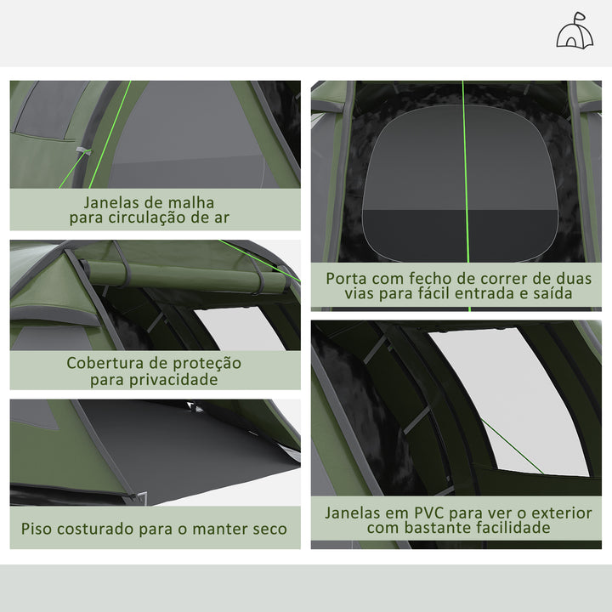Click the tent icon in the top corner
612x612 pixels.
click(x=575, y=31)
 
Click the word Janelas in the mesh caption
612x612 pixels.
click(x=111, y=202)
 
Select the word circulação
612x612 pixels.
click(x=161, y=217)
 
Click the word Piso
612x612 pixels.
click(x=38, y=529)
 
